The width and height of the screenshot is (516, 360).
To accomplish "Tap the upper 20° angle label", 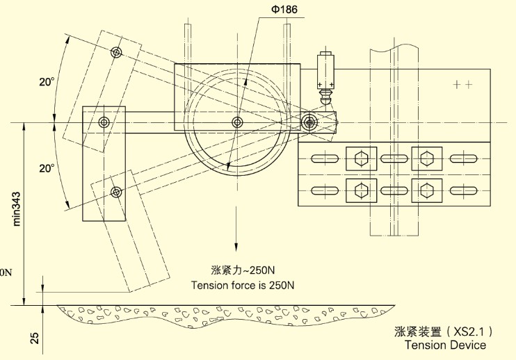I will tap(47, 82).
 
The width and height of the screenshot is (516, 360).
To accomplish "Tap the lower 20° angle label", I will tap(47, 168).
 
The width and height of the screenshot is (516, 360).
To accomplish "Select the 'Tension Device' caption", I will tap(445, 345).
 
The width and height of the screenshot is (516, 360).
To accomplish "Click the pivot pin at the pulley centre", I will tap(238, 123).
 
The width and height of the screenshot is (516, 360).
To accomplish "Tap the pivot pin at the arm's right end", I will tap(310, 123).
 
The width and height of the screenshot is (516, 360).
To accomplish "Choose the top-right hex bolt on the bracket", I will tap(426, 157).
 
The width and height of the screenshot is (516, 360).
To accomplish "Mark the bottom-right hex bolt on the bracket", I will tap(426, 188).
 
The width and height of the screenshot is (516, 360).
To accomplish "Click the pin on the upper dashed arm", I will tap(116, 53).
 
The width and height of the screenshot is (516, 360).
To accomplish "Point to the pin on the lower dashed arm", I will tap(116, 192).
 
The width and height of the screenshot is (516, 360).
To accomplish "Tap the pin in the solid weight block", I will tap(104, 123).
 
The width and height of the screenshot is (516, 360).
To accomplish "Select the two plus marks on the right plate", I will tap(462, 85).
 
